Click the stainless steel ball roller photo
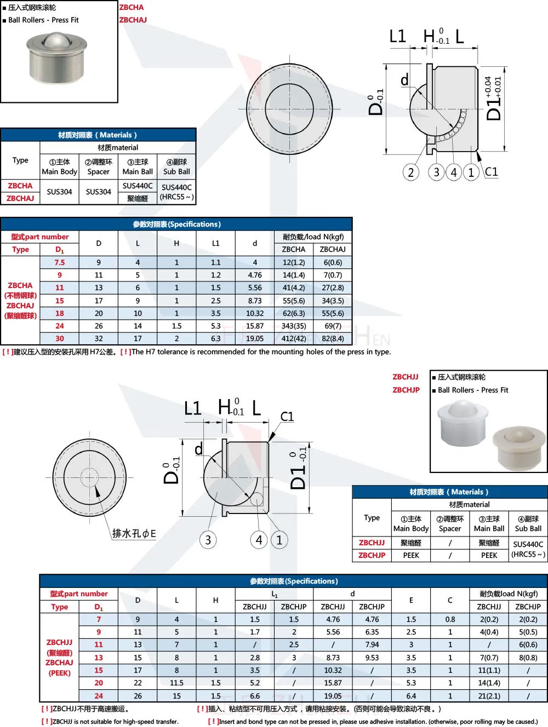(56, 58)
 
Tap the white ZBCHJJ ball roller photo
(463, 423)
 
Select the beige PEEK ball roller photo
(518, 448)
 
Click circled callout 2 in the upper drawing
(410, 172)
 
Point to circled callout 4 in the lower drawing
(259, 540)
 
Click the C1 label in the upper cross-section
(492, 172)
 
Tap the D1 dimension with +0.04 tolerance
(494, 99)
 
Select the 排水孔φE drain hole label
(134, 533)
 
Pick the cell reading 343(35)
(294, 326)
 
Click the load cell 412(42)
(294, 338)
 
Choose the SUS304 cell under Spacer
(99, 192)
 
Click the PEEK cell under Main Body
(411, 555)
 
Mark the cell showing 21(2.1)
(489, 696)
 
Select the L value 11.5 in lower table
(176, 683)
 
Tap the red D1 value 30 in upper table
(60, 338)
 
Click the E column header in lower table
(411, 600)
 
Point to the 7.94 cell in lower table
(372, 644)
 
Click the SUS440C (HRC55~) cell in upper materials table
(176, 192)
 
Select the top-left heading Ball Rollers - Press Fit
(43, 20)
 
